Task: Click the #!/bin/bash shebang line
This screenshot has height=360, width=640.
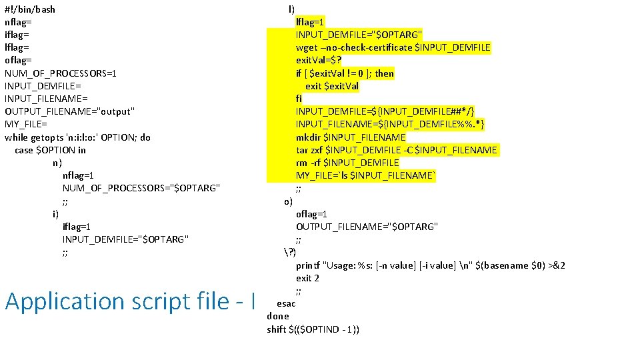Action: (30, 9)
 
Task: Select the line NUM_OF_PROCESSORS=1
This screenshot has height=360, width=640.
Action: (61, 73)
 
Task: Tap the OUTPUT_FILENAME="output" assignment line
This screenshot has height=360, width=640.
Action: (70, 111)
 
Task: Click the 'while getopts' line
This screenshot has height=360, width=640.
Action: (77, 137)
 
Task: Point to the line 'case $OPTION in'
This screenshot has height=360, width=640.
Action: (50, 150)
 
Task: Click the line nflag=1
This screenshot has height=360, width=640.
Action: (77, 175)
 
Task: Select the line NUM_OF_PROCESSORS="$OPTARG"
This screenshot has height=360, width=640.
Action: (141, 188)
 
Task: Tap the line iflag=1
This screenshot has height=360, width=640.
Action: (77, 227)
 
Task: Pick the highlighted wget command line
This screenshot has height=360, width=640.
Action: (393, 47)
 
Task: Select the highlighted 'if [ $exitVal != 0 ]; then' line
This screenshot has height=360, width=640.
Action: (345, 73)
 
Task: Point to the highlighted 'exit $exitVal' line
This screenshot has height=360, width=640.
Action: (332, 86)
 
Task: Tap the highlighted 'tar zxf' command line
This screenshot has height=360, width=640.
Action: (396, 150)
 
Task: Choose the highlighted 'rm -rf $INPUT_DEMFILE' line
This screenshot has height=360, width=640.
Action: (347, 163)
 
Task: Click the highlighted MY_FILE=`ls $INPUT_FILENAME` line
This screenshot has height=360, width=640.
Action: (366, 175)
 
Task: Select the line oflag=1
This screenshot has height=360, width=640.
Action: (311, 214)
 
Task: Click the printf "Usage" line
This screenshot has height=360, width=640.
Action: (430, 265)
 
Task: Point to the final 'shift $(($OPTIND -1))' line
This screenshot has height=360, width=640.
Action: (313, 329)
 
